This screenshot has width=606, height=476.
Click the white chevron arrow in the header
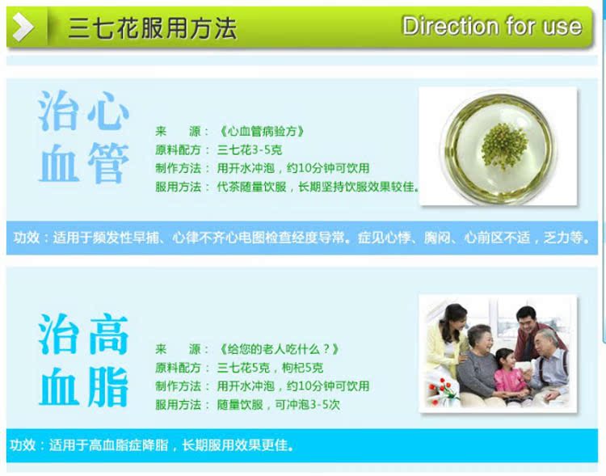[x=23, y=27]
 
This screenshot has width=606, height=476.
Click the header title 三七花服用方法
[x=152, y=28]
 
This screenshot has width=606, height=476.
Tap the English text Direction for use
[x=492, y=27]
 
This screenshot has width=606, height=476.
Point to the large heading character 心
[x=108, y=112]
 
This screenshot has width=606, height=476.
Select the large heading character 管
[x=108, y=162]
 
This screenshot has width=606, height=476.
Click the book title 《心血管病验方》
[x=261, y=132]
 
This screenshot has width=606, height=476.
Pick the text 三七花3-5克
[x=250, y=150]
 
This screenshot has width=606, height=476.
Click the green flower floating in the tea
[x=504, y=146]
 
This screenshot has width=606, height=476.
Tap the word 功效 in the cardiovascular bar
[x=27, y=238]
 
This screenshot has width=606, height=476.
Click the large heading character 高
[x=108, y=335]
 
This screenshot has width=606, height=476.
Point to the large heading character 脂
[x=107, y=386]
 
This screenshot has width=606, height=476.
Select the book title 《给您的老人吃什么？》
[x=278, y=349]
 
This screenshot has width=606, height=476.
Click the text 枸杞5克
[x=302, y=368]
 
